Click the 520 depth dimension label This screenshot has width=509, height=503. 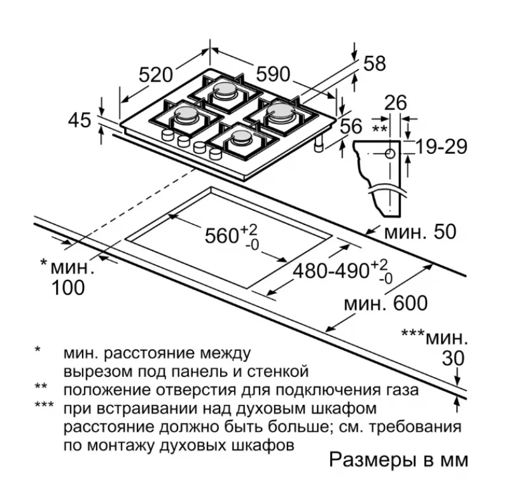(x=156, y=75)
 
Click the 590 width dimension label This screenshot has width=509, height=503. (x=273, y=74)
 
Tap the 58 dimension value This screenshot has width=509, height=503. (x=375, y=63)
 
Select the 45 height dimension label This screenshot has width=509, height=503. (x=80, y=120)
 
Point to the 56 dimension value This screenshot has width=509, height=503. (x=351, y=126)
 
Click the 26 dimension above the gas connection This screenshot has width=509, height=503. (x=395, y=103)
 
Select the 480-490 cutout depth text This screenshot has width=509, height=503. (x=331, y=271)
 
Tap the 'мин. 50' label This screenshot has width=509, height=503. (x=420, y=231)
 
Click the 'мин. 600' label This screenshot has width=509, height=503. (x=386, y=303)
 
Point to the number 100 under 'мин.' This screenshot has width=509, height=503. (x=68, y=287)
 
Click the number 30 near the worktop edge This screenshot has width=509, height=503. (x=454, y=359)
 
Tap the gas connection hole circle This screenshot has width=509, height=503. (x=390, y=153)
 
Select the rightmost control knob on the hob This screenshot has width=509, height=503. (x=216, y=153)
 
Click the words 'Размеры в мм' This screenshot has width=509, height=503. (x=399, y=460)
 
